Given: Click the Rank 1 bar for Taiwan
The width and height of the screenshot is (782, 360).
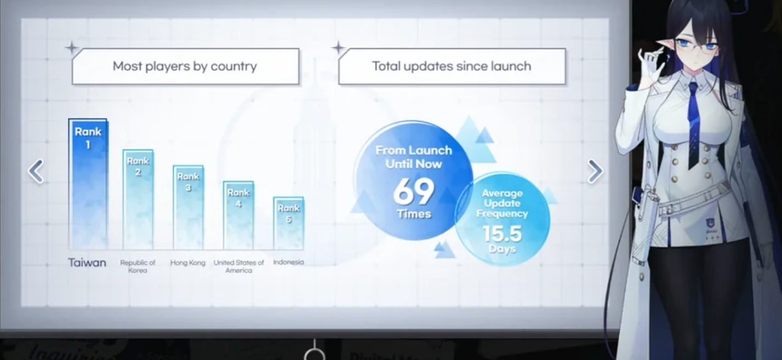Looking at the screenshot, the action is [x=88, y=184].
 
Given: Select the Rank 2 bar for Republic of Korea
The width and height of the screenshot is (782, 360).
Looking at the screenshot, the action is [x=138, y=199].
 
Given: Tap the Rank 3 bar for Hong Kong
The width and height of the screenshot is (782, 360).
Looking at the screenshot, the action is [x=188, y=208].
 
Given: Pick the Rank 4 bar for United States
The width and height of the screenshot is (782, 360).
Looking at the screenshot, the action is [x=238, y=215].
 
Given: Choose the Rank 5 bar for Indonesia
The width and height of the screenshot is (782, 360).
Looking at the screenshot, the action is [x=288, y=223].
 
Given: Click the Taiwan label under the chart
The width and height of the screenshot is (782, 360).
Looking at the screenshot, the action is [x=87, y=262].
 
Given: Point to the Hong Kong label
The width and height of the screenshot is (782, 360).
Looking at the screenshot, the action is [x=188, y=262].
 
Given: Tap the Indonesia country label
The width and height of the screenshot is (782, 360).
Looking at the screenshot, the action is [x=288, y=262].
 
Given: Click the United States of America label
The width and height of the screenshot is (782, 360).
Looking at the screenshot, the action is [x=239, y=266].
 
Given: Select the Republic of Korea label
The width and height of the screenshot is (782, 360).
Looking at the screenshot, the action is [x=138, y=266].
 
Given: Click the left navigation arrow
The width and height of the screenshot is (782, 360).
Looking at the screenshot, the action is [x=36, y=171].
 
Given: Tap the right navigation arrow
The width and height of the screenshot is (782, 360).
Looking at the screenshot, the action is [x=595, y=171].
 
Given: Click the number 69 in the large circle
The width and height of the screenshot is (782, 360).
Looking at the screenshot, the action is [x=414, y=191].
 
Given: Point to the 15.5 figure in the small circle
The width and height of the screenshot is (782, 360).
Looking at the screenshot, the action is [x=503, y=233].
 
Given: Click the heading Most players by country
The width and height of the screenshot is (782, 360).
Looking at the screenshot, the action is [x=185, y=66].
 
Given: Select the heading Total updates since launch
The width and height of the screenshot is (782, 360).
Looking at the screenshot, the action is [x=452, y=66].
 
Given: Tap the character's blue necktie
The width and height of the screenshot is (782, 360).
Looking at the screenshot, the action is [x=695, y=125].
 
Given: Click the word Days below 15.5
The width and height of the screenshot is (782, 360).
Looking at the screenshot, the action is [x=503, y=249].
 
